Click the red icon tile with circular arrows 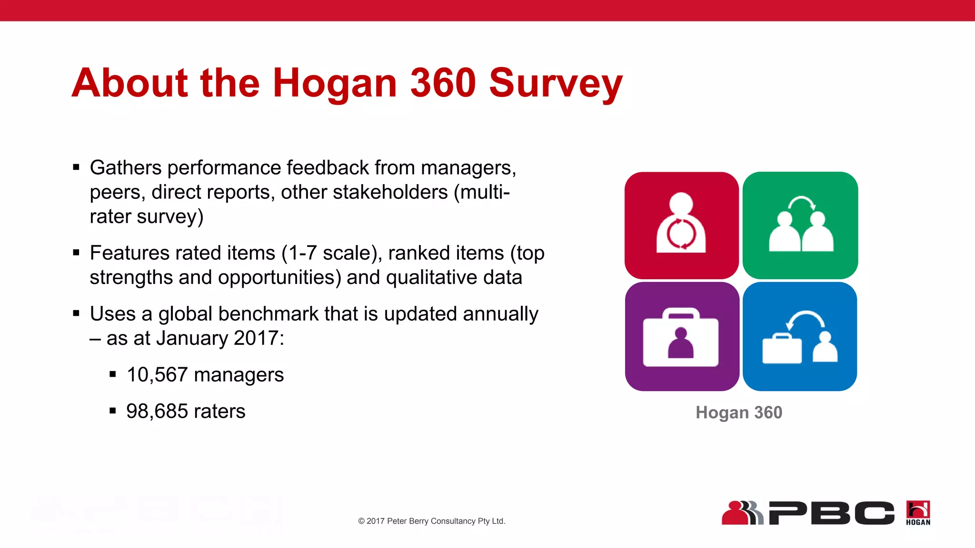(681, 225)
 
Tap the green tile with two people (800, 225)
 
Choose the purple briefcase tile (682, 336)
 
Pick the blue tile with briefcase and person (800, 336)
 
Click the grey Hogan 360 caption (739, 412)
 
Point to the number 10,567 (157, 375)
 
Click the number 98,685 (157, 411)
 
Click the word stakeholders (390, 192)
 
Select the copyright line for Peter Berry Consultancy (431, 521)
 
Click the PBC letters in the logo (831, 513)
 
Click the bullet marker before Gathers (76, 167)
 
